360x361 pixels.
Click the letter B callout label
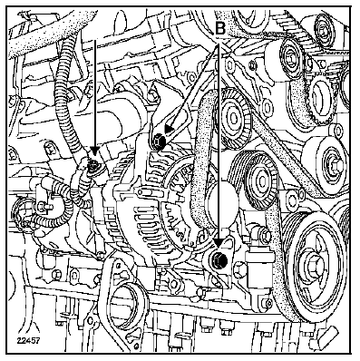click(x=220, y=28)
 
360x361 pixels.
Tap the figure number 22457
click(x=28, y=341)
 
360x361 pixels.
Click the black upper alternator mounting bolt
click(x=159, y=141)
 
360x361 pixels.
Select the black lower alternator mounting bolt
click(x=219, y=259)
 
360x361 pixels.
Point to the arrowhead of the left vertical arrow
click(x=95, y=151)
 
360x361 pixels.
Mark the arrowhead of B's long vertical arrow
click(x=219, y=241)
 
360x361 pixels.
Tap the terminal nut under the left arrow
click(x=94, y=165)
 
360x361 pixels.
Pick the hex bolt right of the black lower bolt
click(x=239, y=268)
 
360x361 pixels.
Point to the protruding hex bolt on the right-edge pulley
click(x=336, y=165)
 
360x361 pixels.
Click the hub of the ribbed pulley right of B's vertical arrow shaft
click(x=235, y=118)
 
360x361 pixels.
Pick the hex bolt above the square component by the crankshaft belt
click(x=264, y=234)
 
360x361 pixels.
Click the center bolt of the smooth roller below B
click(x=291, y=58)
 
